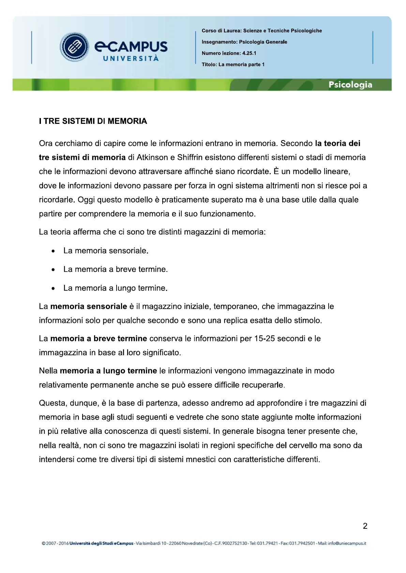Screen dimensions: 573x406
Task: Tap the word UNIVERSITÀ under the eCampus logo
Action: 131,59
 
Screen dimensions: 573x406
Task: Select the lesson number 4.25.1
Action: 249,53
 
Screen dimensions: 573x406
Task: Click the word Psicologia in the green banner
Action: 350,85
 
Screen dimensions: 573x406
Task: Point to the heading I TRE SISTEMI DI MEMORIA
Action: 93,121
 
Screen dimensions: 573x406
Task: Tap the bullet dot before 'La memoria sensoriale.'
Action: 53,251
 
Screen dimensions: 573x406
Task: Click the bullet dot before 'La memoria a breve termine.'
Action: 53,270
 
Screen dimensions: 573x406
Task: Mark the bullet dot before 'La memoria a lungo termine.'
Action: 53,289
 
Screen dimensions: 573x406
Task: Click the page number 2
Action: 365,526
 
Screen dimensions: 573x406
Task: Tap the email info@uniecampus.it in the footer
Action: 347,543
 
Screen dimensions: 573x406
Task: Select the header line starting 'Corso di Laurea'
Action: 261,31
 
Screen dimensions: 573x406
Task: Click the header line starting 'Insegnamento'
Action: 244,42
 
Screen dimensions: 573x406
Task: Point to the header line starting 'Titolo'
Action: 233,64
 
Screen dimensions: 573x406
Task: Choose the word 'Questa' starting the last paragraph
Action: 53,403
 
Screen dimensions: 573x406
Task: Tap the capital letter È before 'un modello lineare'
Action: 276,171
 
